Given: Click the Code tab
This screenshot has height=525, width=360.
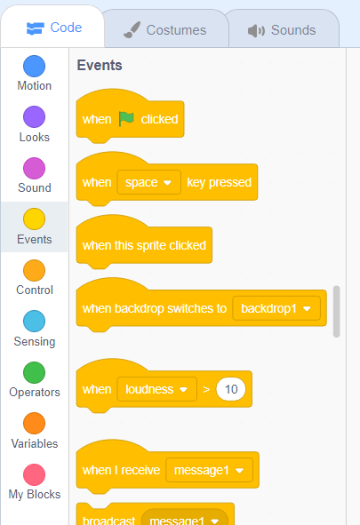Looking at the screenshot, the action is click(53, 28).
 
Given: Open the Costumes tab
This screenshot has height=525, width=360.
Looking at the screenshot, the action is click(165, 30).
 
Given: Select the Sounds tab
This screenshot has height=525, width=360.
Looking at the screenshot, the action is click(282, 30).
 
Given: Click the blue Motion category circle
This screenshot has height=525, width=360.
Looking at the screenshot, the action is click(34, 67).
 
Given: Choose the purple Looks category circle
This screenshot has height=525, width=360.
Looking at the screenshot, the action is click(34, 117).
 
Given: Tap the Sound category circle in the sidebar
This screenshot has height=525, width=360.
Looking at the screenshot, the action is click(34, 168).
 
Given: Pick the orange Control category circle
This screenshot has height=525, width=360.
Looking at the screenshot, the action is click(34, 271).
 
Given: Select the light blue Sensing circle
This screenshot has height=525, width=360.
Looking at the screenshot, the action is click(34, 321).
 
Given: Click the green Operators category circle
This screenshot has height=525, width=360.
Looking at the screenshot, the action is click(34, 373).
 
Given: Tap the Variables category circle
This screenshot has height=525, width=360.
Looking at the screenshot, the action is click(34, 424).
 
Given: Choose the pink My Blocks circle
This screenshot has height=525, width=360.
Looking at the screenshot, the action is click(34, 474).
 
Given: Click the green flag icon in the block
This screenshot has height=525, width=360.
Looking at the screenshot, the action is click(126, 119).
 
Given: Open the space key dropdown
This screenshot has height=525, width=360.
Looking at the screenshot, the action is click(148, 182).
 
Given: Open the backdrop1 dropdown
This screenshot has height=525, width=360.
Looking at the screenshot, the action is click(276, 308).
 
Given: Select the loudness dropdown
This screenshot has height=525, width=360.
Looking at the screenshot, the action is click(156, 389).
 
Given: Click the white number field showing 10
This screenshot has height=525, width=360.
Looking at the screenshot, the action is click(231, 389).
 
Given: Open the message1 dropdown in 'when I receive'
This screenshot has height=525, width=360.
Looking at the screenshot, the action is click(209, 470).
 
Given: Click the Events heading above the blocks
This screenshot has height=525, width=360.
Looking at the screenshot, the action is click(100, 65).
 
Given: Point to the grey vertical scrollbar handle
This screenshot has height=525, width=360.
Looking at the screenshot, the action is click(337, 312).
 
